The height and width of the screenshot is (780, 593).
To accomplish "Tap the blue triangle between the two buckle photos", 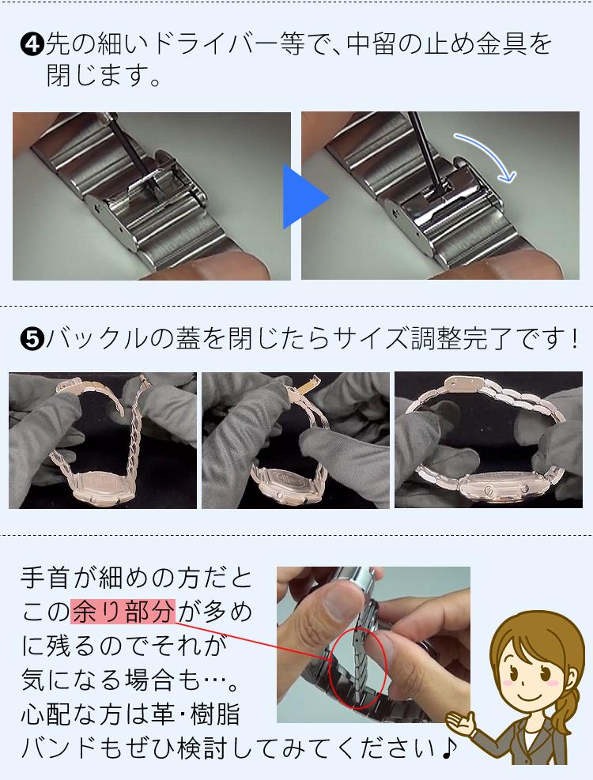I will (304, 197).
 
